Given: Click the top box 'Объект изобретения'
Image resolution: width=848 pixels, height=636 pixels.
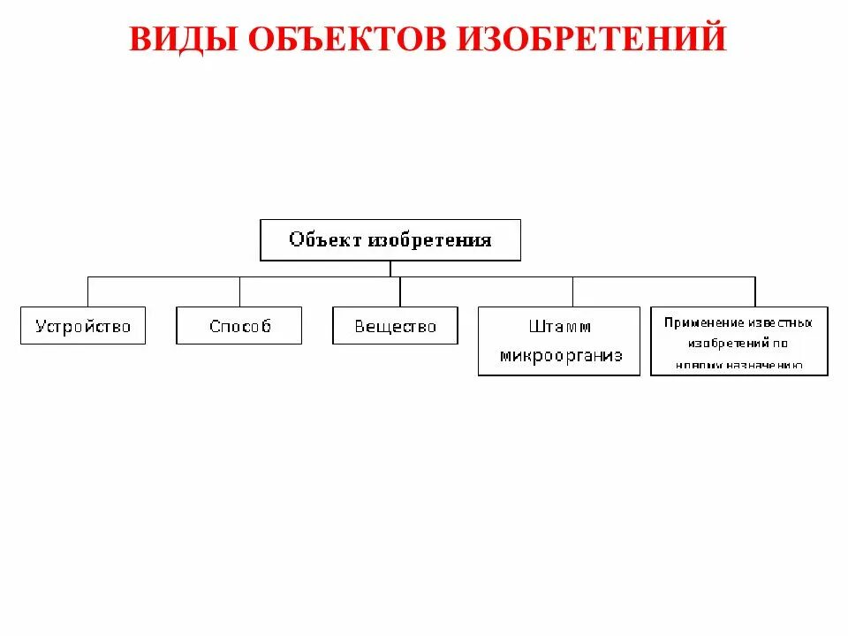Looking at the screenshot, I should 390,239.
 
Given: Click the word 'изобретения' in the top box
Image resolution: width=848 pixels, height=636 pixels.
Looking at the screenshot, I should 429,239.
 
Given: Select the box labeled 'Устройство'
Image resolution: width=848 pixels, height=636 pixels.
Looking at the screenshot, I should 82,326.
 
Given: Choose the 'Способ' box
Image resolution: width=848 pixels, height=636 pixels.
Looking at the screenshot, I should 238,326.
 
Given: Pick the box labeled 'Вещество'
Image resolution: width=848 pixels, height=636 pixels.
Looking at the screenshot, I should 395,326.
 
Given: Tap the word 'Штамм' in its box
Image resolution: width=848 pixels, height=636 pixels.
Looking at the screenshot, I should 559,327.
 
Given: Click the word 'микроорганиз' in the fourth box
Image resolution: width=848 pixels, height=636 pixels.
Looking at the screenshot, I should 560,356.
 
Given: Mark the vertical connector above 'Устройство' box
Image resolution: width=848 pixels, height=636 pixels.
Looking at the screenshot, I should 87,291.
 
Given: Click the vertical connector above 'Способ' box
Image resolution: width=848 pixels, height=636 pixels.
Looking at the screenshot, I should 239,291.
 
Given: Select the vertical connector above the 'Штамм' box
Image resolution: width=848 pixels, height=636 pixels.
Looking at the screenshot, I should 572,291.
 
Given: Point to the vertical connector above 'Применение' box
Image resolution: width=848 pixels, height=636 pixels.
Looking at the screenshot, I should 754,291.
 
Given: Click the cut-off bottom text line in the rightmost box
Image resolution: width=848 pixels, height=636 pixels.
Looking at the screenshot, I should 738,365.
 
